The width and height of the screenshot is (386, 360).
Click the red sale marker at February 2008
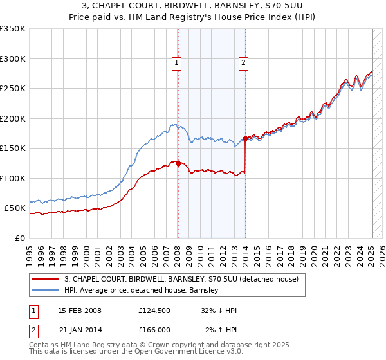(178, 163)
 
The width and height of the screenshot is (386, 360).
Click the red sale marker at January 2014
(245, 138)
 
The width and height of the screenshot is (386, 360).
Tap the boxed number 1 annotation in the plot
(176, 63)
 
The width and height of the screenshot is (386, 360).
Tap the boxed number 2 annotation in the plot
(244, 63)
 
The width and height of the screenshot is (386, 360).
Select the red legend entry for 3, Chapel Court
(181, 280)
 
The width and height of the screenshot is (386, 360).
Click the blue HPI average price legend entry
(142, 291)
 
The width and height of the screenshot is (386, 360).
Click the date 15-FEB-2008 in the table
(80, 310)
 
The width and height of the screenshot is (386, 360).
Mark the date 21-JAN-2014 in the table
(80, 330)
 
